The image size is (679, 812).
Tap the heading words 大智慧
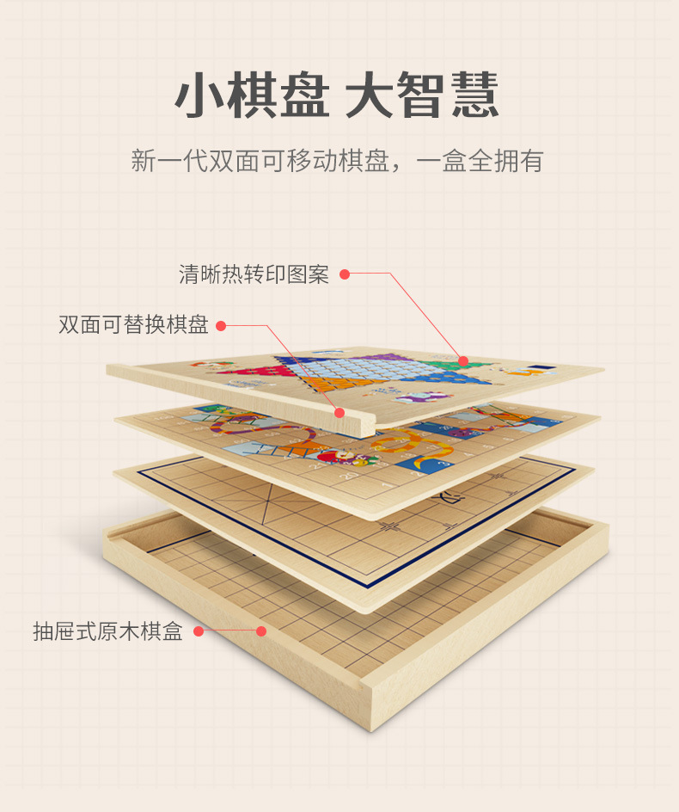coord(421,95)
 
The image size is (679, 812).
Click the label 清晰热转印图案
coord(254,274)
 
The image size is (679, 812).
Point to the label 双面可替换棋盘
coord(133,325)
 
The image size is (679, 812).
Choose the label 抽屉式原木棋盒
coord(107,632)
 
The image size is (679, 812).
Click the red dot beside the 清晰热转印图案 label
coord(345,274)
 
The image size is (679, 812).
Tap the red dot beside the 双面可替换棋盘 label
coord(221,325)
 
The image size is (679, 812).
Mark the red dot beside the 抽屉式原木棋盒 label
coord(199,632)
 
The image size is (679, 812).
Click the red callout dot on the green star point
coord(463,361)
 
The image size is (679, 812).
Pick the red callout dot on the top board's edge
coord(339,413)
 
